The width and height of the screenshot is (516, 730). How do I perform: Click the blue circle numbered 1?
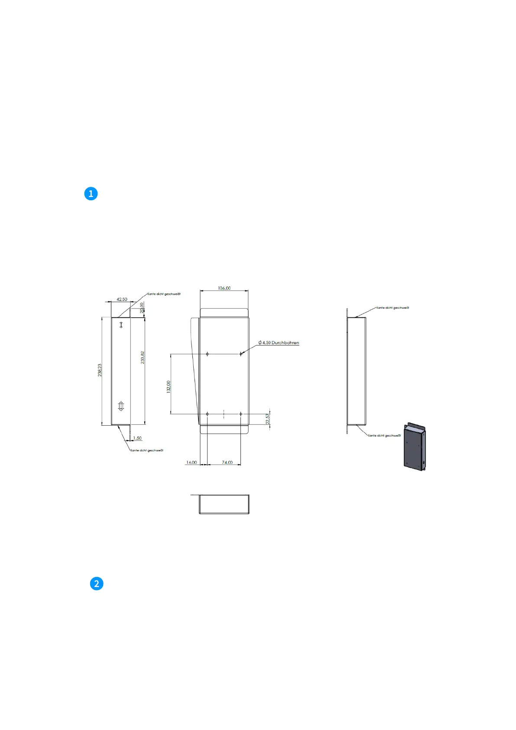tap(91, 194)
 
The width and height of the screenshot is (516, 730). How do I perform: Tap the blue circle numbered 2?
tap(97, 583)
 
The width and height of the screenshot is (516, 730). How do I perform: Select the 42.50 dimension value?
tap(122, 300)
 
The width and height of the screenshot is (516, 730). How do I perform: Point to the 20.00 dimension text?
tap(142, 308)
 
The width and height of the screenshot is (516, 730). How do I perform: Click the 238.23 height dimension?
tap(100, 370)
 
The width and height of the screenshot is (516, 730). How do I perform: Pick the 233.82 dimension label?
tap(143, 357)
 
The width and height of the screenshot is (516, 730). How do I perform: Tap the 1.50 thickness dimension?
tap(137, 438)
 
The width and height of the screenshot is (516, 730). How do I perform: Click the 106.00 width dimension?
tap(224, 288)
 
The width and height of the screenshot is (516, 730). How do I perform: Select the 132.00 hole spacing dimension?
tap(169, 386)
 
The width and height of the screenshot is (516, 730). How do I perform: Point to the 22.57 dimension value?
tap(268, 419)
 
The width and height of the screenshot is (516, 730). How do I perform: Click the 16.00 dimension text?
tap(191, 463)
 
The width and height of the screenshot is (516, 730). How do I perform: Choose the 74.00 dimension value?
tap(227, 463)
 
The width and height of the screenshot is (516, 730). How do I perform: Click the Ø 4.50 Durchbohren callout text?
tap(279, 343)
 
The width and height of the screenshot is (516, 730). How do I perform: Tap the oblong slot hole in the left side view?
tap(121, 406)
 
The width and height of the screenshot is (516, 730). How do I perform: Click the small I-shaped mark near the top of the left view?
tap(121, 325)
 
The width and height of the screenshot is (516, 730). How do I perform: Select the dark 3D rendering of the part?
tap(415, 446)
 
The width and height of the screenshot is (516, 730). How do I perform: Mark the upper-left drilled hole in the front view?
tap(208, 354)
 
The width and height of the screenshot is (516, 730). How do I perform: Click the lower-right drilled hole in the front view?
tap(240, 414)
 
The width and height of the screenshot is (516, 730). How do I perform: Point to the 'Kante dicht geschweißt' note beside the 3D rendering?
tap(384, 436)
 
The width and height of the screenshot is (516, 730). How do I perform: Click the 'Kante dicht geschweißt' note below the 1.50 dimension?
tap(147, 450)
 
